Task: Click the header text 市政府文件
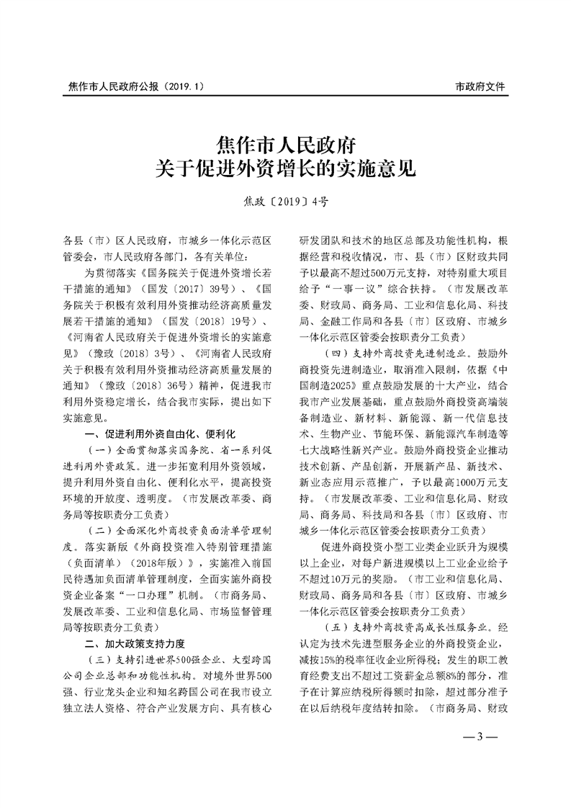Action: pyautogui.click(x=481, y=86)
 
